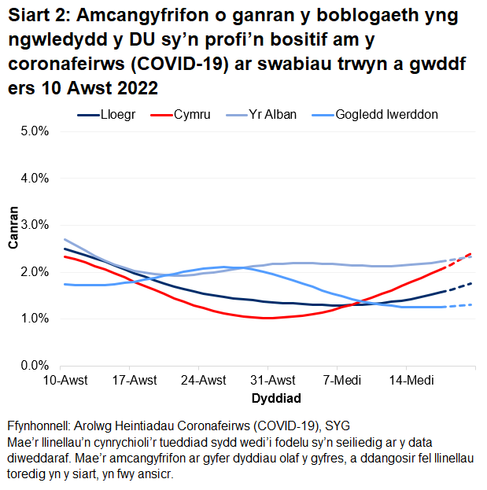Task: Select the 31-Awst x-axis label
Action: pyautogui.click(x=268, y=381)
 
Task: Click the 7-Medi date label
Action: pyautogui.click(x=338, y=381)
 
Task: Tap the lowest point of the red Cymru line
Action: pyautogui.click(x=268, y=318)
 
